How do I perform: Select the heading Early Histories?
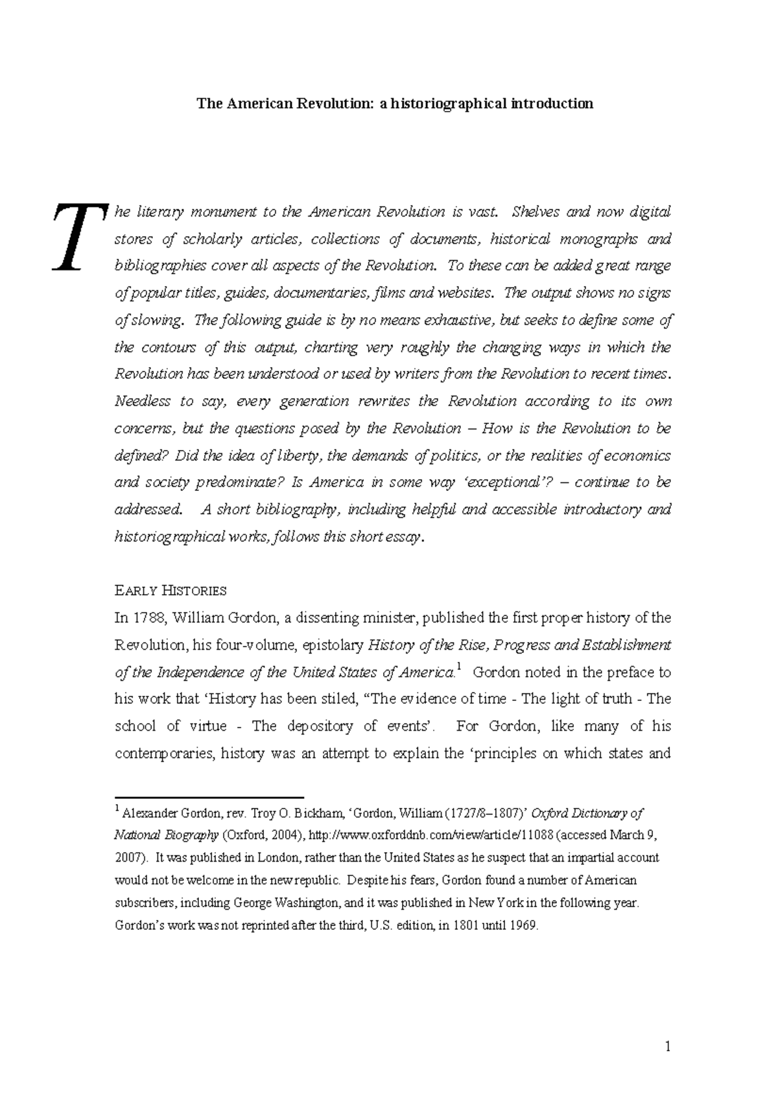170,591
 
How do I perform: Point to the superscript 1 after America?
458,667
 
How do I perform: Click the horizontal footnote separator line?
209,796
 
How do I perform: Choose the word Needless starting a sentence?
141,401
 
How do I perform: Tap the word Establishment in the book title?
627,645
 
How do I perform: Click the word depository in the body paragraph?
320,726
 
